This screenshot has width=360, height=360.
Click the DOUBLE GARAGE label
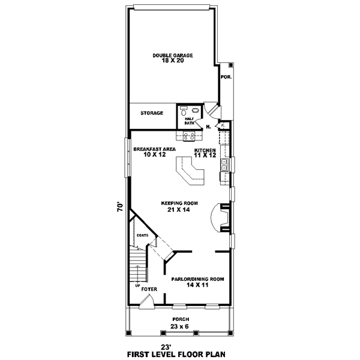[x=172, y=55]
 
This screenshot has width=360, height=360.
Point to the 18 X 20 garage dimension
[x=172, y=61]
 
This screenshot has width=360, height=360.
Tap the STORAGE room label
[x=152, y=113]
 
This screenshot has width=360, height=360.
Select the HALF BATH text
[x=190, y=121]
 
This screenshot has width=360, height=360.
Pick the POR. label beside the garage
[x=226, y=77]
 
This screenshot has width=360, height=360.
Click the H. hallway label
[x=208, y=127]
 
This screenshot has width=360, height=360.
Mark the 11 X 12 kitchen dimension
[x=205, y=155]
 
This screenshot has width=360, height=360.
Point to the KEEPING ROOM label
[x=175, y=203]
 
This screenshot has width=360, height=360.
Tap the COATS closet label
[x=143, y=235]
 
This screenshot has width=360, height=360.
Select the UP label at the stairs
[x=138, y=285]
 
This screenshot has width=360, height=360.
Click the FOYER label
[x=149, y=289]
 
